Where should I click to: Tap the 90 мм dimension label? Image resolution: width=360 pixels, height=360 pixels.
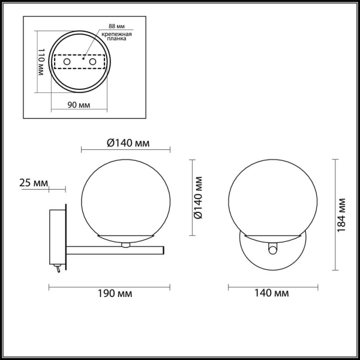coord(78,105)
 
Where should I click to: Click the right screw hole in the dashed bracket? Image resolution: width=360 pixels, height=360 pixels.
coord(92,62)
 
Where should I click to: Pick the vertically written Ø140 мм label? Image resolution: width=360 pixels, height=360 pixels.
coord(200,197)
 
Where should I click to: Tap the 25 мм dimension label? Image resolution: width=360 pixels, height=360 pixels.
coord(33,182)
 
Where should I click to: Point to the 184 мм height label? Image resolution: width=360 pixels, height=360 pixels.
coord(343,214)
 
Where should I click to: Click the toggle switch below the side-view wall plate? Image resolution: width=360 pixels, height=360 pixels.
coord(57,268)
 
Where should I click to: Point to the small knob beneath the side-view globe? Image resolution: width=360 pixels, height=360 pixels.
coord(125,244)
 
